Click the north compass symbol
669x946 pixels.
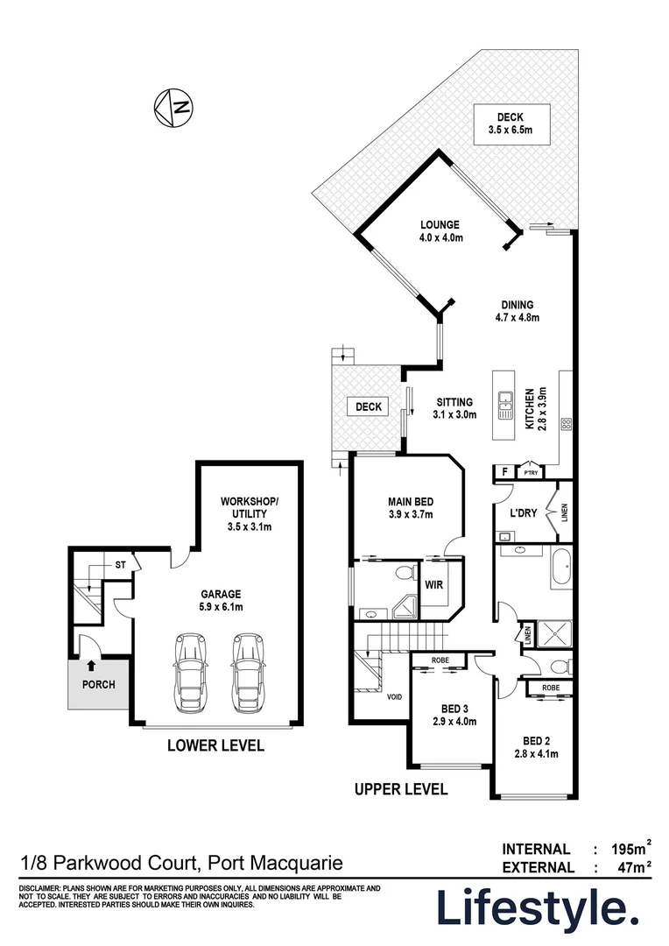[x=173, y=109]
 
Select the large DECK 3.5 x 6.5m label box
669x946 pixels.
[x=511, y=124]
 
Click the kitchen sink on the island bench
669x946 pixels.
[x=504, y=404]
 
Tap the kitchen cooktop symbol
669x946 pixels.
[x=566, y=424]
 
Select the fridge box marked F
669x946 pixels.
[x=504, y=471]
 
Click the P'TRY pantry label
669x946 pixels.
[x=531, y=472]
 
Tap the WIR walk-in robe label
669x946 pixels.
[x=433, y=583]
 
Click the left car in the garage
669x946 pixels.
[x=189, y=673]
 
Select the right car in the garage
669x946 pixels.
[x=249, y=673]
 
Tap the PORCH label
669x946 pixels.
[x=99, y=684]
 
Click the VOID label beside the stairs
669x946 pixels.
[x=394, y=696]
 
